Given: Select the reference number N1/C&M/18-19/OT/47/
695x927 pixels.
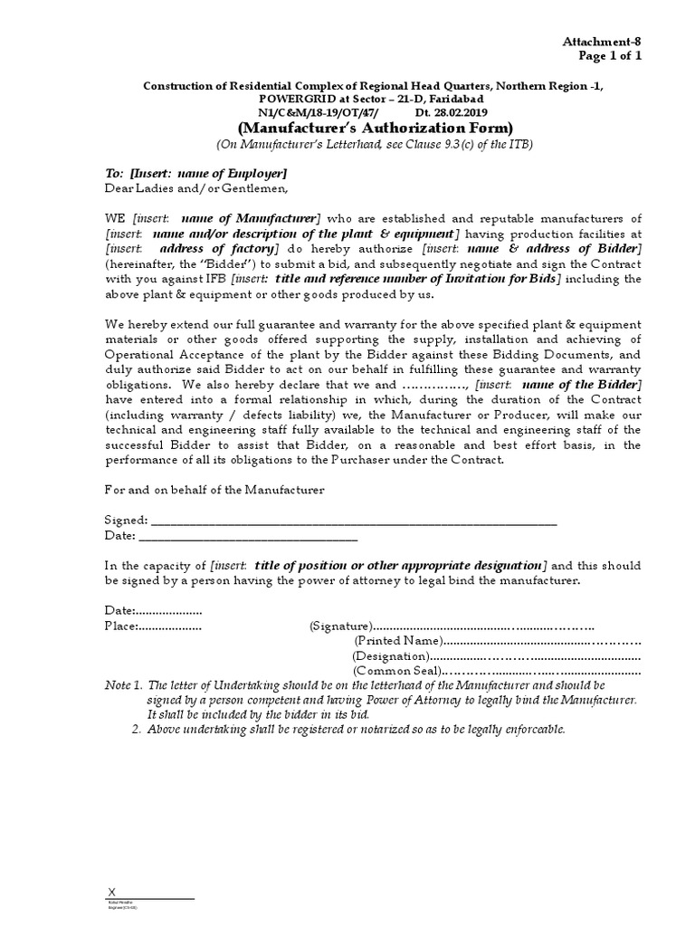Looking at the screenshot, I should (x=315, y=111).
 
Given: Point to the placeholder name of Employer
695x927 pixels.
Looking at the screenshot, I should (x=233, y=173).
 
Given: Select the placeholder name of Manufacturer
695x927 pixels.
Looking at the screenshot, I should (x=250, y=218).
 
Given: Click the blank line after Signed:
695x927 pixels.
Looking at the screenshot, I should (x=353, y=521).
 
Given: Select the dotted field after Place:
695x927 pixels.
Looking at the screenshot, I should (x=169, y=626).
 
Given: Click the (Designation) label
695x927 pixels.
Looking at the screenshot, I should (x=390, y=655).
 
